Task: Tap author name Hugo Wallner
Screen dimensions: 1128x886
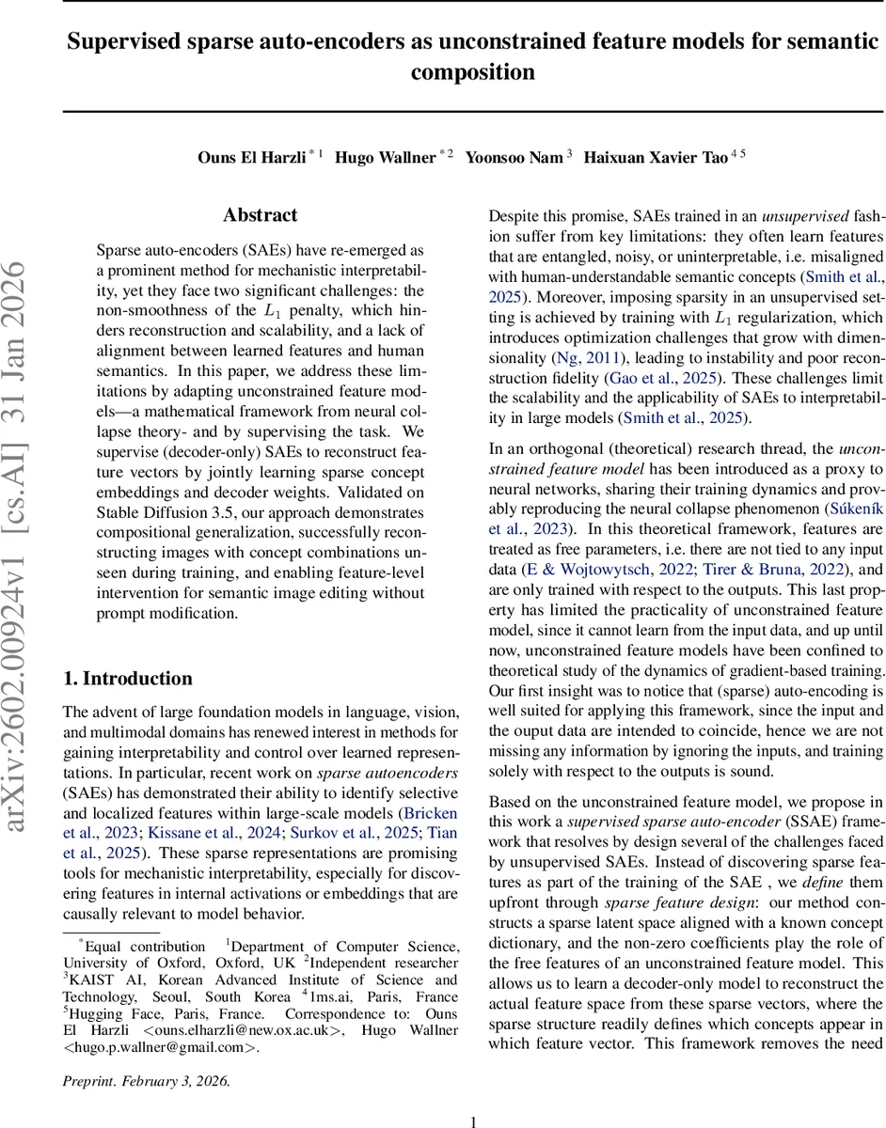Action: tap(387, 157)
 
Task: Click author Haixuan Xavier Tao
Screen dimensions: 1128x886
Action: tap(656, 157)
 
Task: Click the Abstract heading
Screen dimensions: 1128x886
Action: tap(261, 215)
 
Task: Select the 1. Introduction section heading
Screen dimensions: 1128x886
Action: tap(127, 679)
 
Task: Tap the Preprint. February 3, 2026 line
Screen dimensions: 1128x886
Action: tap(146, 1080)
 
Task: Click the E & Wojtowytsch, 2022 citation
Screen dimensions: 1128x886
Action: tap(603, 570)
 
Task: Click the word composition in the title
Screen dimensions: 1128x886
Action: tap(473, 72)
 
